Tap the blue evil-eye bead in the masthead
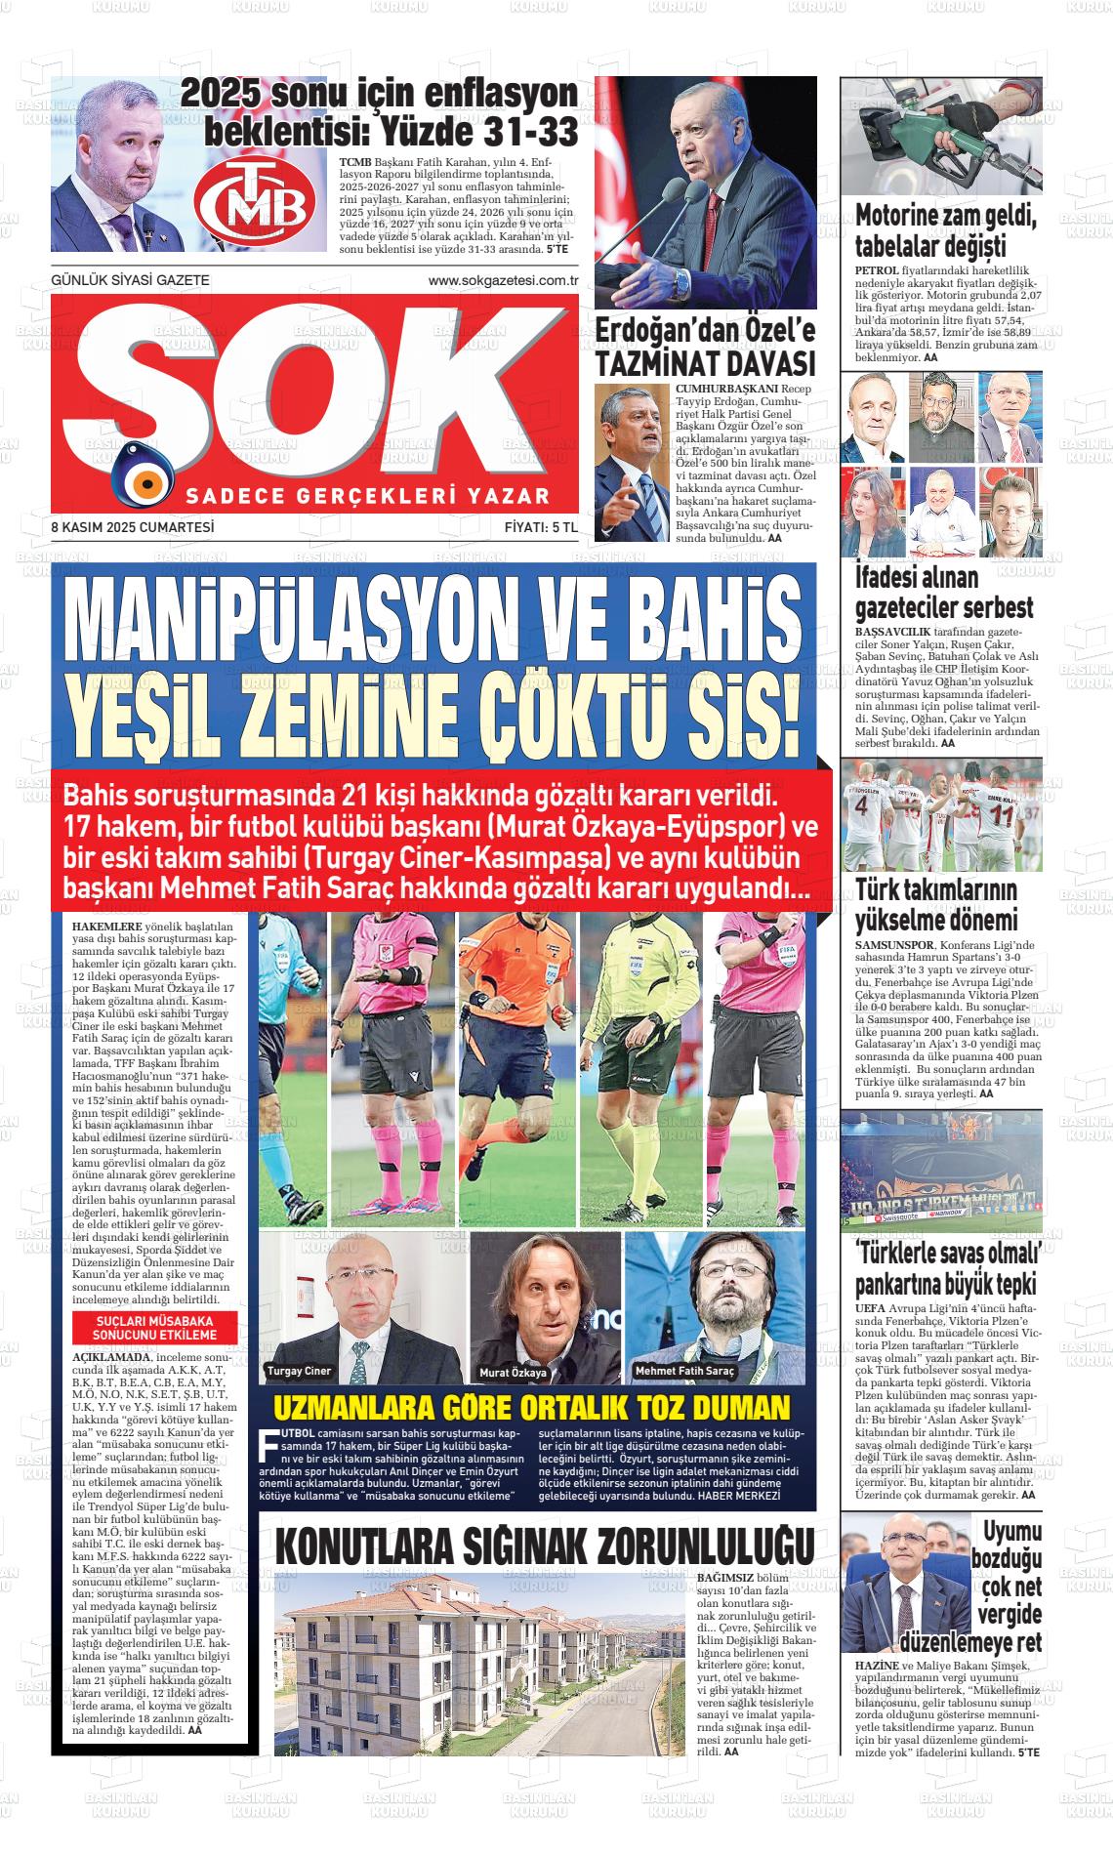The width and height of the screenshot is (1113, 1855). [x=144, y=479]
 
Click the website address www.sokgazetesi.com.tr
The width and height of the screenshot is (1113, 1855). [x=504, y=281]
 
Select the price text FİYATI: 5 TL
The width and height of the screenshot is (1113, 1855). [x=541, y=527]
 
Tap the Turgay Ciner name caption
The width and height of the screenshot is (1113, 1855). [x=299, y=1371]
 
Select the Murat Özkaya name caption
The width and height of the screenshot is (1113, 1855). [x=513, y=1373]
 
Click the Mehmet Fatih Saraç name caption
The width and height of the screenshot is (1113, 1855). [x=684, y=1371]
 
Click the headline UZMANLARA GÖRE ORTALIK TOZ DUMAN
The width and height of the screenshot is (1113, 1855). [x=530, y=1408]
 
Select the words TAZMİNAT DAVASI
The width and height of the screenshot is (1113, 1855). [x=705, y=364]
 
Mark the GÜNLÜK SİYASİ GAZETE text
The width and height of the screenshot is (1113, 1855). [x=130, y=281]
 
